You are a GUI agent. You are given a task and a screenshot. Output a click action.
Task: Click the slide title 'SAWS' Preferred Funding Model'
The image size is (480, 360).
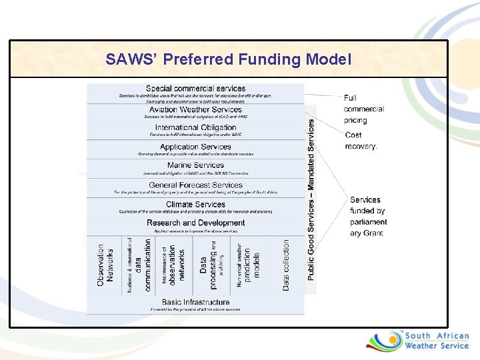tap(228, 59)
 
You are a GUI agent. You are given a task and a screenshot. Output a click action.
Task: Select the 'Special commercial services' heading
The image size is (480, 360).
tap(195, 89)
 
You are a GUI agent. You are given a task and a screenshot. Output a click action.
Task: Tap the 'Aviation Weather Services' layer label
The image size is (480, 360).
tap(195, 109)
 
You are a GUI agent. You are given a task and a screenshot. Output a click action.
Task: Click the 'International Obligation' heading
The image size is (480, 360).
tap(195, 127)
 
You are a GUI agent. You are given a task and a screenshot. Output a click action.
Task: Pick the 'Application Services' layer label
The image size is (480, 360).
tap(195, 147)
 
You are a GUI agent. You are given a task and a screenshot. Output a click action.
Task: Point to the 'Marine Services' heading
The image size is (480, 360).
tap(195, 165)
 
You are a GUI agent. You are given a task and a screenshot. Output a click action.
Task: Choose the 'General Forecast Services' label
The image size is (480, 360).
tap(195, 185)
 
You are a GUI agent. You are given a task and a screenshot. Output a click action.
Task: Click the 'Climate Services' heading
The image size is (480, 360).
tap(195, 204)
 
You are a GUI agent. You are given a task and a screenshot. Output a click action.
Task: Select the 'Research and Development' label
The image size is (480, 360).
tap(195, 223)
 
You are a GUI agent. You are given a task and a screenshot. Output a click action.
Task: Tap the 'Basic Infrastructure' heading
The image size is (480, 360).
tap(195, 302)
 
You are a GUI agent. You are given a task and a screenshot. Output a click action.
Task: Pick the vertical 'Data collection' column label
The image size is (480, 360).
tap(286, 265)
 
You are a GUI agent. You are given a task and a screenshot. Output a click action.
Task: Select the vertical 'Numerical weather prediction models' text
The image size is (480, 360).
tap(247, 265)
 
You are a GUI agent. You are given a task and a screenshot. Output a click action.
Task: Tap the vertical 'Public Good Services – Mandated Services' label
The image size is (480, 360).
tap(311, 199)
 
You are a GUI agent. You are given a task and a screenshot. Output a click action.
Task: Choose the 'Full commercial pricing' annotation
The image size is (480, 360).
tap(363, 109)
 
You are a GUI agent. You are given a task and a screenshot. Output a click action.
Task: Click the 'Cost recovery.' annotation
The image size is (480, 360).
tap(361, 141)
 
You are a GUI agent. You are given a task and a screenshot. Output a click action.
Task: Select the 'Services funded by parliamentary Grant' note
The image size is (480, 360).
tap(367, 217)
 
